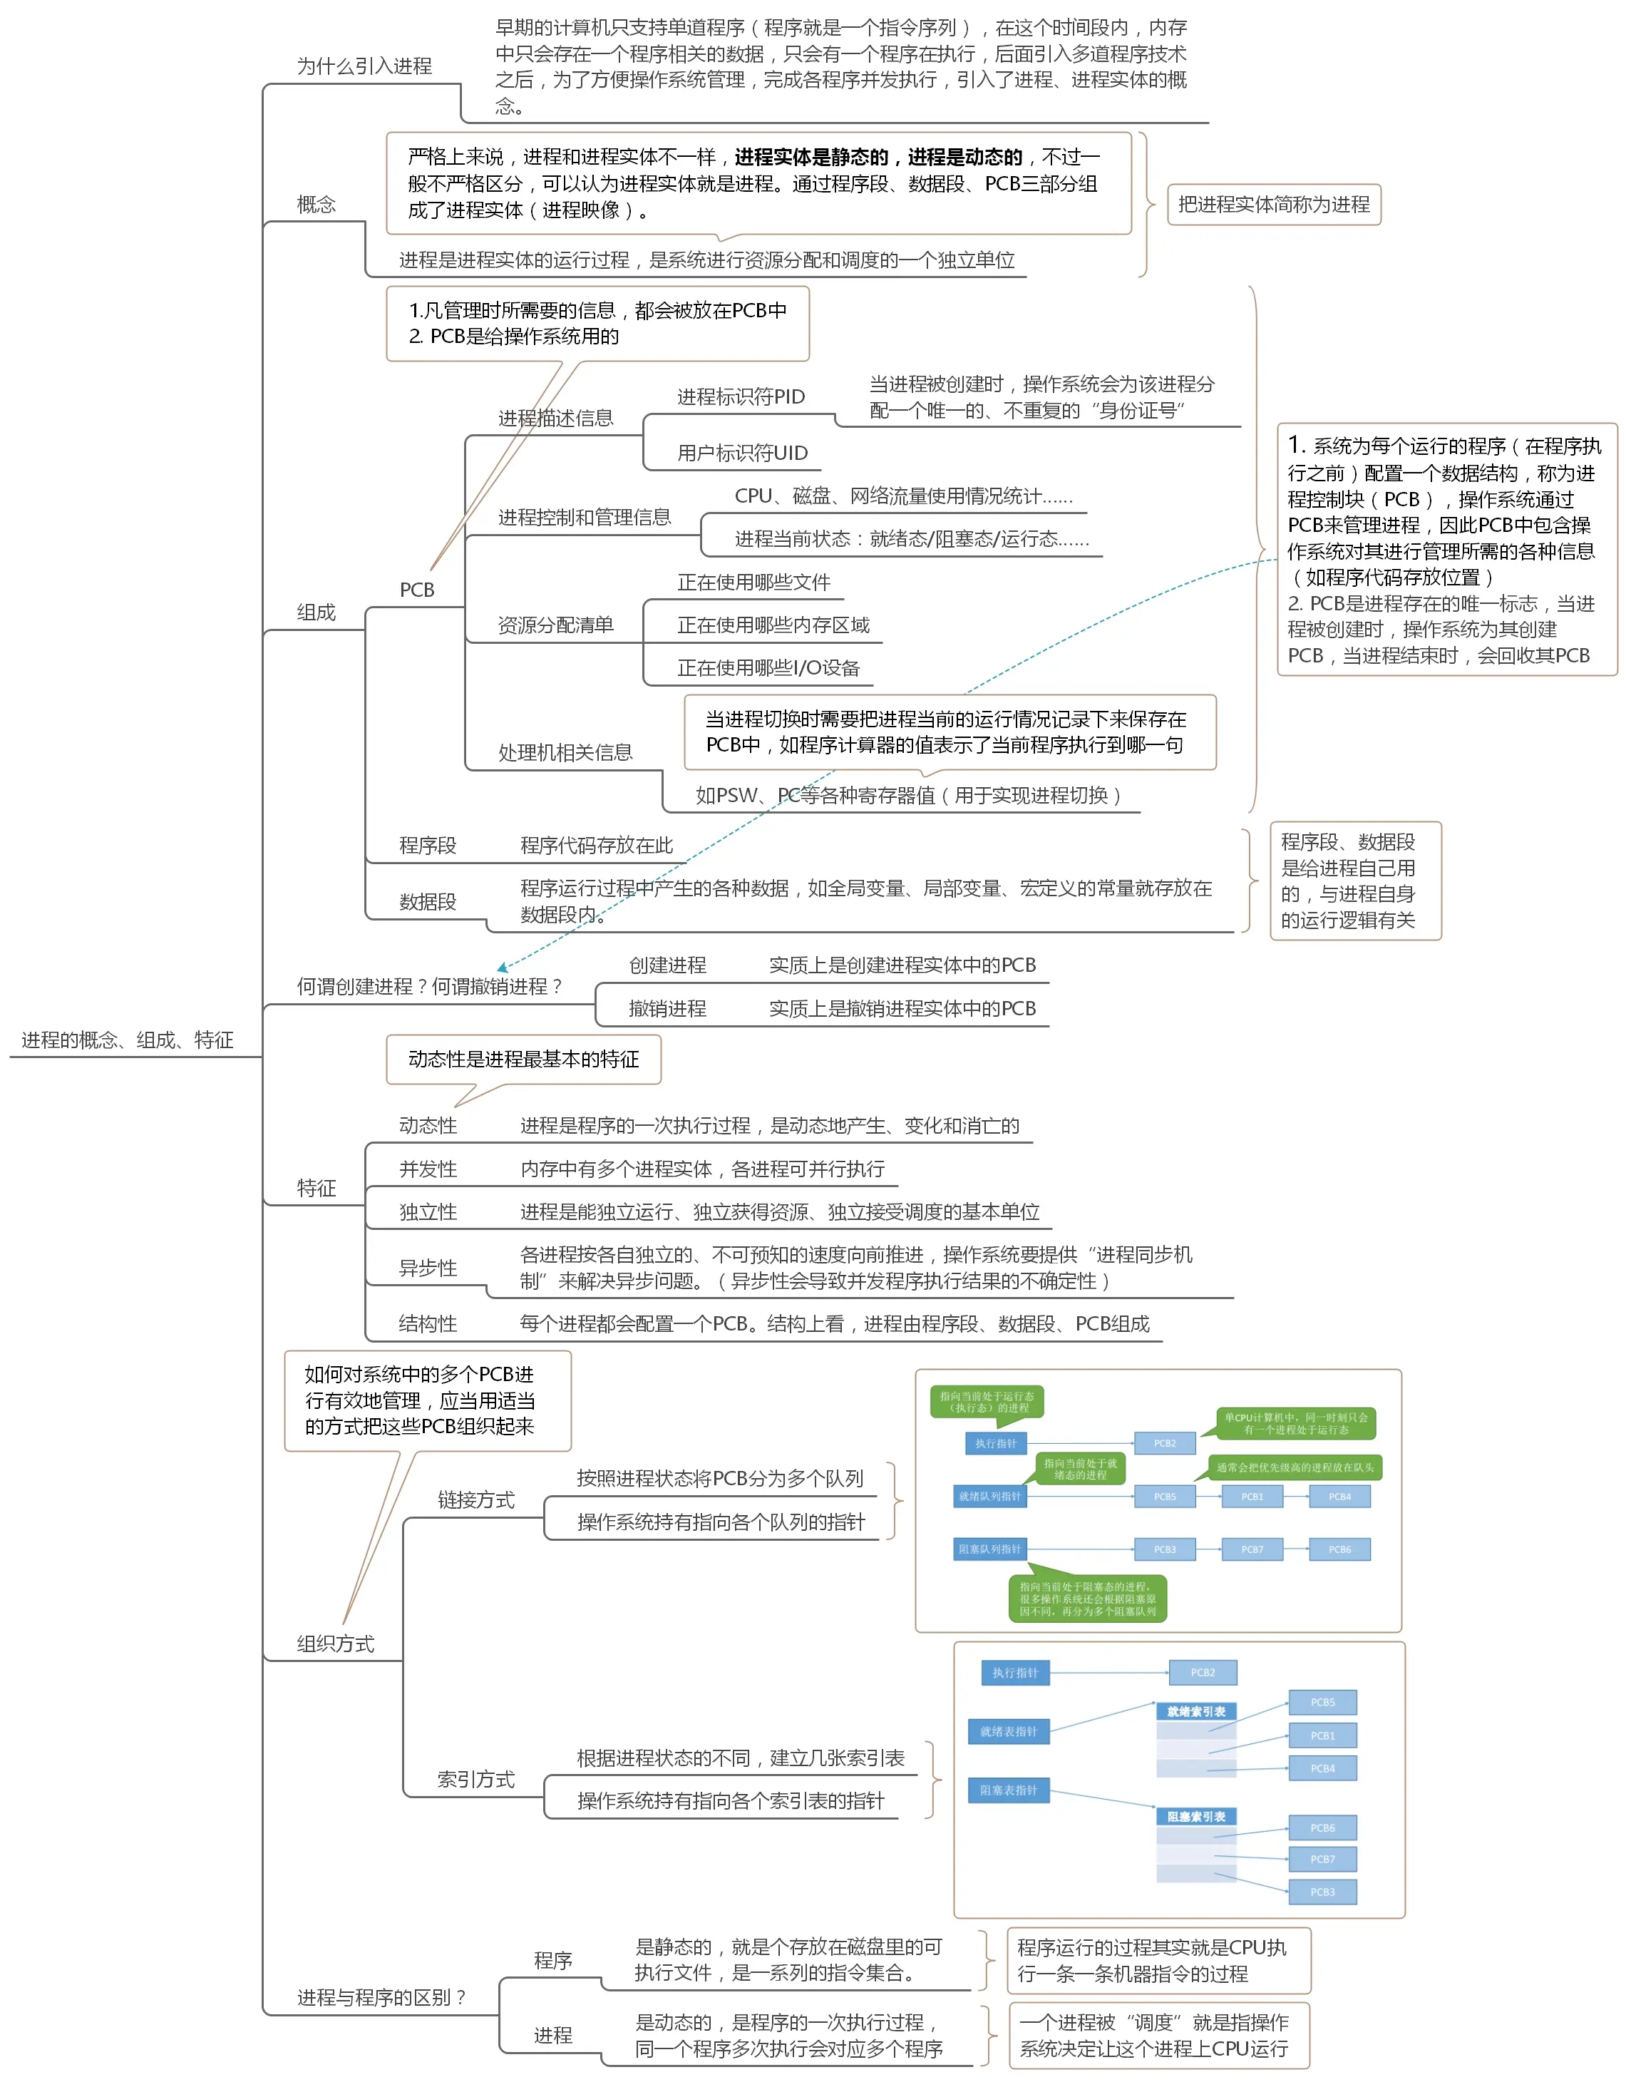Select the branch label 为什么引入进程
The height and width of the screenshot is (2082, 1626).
coord(364,66)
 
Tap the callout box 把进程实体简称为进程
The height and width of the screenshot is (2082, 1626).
coord(1273,205)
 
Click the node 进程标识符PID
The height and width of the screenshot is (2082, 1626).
coord(741,396)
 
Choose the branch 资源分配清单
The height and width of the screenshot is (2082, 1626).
coord(555,625)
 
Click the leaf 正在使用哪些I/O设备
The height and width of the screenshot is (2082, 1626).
coord(768,668)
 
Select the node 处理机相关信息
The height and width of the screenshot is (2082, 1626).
coord(565,753)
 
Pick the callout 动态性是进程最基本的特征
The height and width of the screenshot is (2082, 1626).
coord(523,1059)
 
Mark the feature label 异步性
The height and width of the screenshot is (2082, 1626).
coord(427,1268)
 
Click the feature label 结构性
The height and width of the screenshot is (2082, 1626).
coord(427,1323)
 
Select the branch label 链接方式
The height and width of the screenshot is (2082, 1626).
coord(475,1499)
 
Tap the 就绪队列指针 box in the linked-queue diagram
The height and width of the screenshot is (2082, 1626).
coord(989,1497)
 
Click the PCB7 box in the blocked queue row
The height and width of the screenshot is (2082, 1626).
coord(1252,1549)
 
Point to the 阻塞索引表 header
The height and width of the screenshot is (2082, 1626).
coord(1195,1817)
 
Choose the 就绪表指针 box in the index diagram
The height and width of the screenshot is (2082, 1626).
coord(1009,1731)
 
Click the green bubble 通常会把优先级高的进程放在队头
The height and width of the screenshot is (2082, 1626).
coord(1295,1468)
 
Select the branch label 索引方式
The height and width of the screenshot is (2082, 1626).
coord(475,1779)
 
